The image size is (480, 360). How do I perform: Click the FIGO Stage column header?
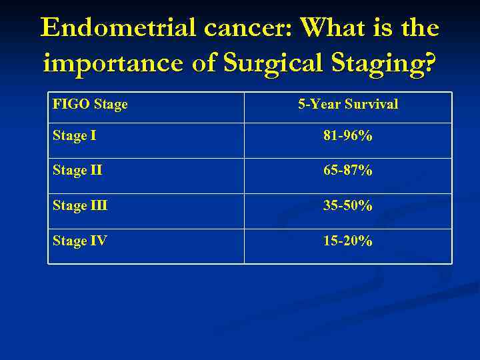90,105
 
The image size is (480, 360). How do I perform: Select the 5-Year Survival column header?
347,105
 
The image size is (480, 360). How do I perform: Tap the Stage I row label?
74,136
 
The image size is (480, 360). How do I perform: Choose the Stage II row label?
77,171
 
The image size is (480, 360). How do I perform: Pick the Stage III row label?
80,206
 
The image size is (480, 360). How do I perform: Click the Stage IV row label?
79,241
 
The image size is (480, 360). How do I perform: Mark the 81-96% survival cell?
347,136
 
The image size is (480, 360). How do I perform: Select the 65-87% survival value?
347,171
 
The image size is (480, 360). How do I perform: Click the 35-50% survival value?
347,206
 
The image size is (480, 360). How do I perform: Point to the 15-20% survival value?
347,241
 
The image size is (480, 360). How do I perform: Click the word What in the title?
333,28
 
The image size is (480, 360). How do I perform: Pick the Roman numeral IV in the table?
98,241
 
